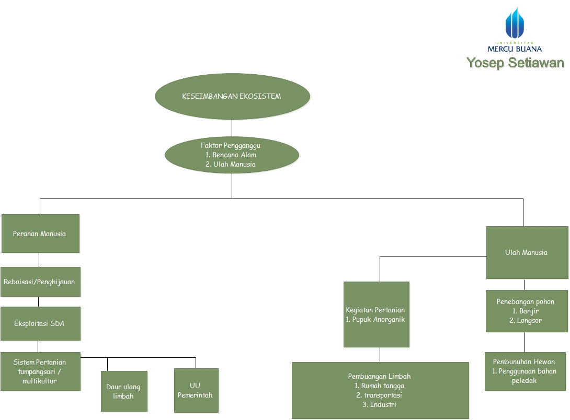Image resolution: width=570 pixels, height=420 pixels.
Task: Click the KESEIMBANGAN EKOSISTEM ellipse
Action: [232, 97]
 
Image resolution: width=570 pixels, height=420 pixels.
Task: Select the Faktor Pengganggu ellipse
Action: [232, 155]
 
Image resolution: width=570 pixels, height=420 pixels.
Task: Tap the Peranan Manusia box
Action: [40, 234]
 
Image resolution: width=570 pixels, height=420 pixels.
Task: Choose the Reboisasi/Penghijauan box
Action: [40, 282]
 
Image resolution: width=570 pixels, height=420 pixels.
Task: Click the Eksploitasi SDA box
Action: [40, 323]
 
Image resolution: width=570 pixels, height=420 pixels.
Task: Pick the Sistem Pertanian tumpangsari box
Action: [40, 371]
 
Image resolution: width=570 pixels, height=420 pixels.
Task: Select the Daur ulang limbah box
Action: [124, 391]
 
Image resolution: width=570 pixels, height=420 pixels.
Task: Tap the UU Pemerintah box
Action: [196, 390]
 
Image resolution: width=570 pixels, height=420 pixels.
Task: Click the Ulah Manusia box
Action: [527, 252]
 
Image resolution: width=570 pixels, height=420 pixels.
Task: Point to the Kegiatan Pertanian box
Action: [376, 314]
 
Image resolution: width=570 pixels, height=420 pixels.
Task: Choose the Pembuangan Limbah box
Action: [380, 390]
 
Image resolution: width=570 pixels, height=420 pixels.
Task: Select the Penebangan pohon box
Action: [526, 311]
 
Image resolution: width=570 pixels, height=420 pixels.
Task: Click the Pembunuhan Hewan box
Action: [525, 371]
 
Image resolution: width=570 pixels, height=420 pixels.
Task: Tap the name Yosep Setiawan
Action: [515, 63]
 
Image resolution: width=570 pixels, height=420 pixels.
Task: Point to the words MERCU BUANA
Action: [515, 49]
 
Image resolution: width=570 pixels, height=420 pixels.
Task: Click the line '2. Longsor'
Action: [526, 321]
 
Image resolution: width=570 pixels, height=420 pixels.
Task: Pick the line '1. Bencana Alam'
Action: [231, 155]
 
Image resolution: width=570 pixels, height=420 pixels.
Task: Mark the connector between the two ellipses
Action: [232, 128]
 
